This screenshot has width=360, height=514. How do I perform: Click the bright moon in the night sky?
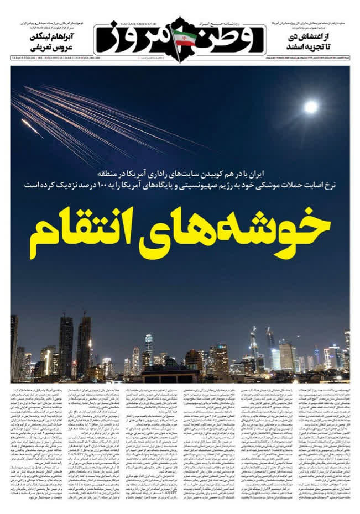tap(311, 107)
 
